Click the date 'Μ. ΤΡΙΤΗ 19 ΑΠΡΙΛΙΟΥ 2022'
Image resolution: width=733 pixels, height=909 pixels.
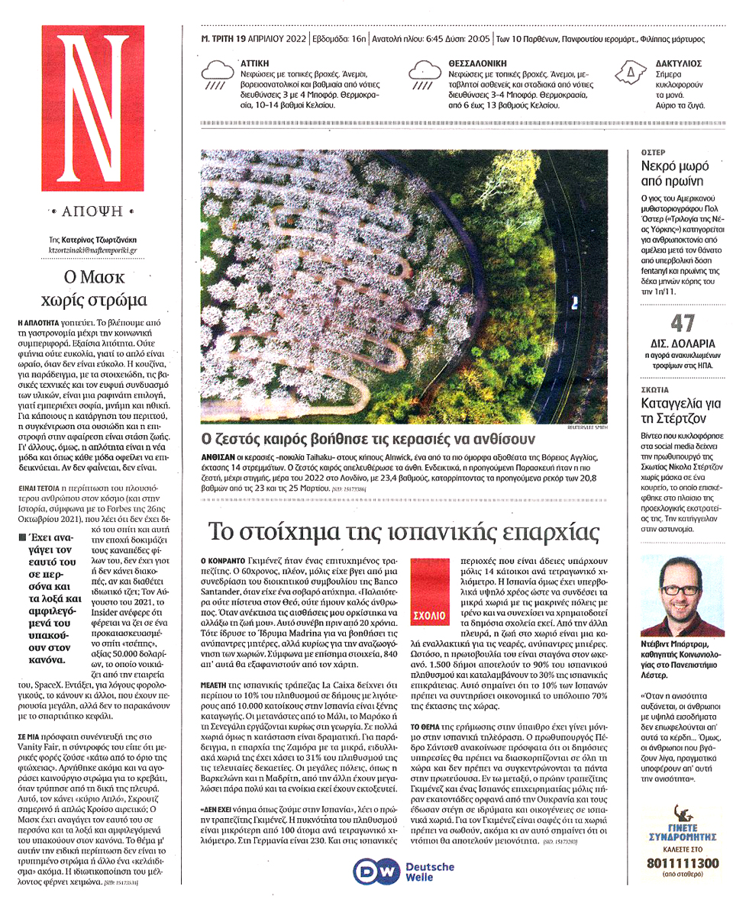point(253,39)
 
